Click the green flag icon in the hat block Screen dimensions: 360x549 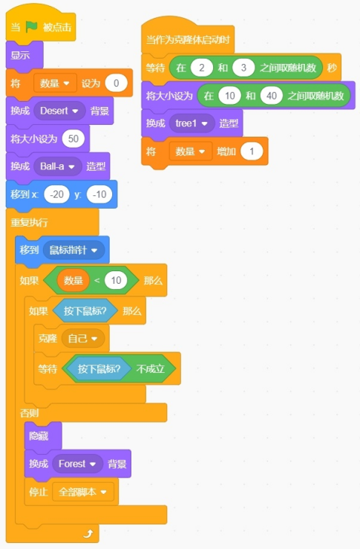click(x=31, y=27)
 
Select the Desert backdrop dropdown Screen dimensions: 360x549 click(x=59, y=111)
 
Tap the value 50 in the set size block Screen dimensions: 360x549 click(x=73, y=139)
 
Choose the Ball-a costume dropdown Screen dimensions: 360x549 click(x=57, y=166)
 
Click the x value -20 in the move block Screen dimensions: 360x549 click(x=56, y=195)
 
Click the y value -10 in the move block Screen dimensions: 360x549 click(x=99, y=195)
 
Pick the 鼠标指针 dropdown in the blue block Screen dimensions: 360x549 click(x=73, y=250)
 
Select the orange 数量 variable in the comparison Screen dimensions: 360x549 click(x=73, y=280)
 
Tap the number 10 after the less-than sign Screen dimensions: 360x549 click(x=116, y=280)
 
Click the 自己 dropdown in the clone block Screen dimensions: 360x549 click(x=83, y=339)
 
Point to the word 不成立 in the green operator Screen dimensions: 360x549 click(x=150, y=368)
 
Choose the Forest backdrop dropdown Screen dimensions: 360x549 click(x=77, y=464)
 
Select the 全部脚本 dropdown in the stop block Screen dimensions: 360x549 click(x=83, y=492)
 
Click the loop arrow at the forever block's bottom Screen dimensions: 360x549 click(x=88, y=533)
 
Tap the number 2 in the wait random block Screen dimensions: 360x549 click(x=201, y=68)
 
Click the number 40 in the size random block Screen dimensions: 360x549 click(x=272, y=96)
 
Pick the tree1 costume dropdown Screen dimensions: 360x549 click(x=192, y=123)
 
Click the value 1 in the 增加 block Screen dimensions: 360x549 click(x=252, y=152)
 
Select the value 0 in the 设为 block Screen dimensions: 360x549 click(x=116, y=83)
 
